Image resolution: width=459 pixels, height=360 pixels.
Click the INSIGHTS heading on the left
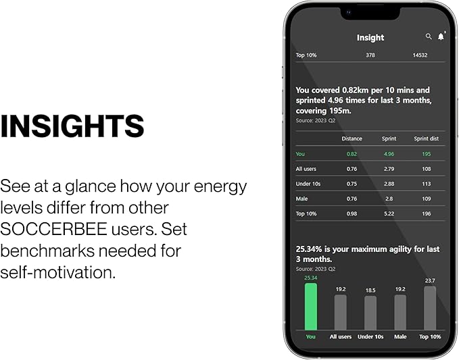pyautogui.click(x=72, y=126)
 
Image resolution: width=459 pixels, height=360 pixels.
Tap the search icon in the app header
pyautogui.click(x=429, y=36)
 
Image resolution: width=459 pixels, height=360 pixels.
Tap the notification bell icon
pyautogui.click(x=441, y=36)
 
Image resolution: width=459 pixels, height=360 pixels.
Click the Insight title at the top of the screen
pyautogui.click(x=370, y=38)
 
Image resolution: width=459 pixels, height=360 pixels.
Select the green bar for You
pyautogui.click(x=310, y=306)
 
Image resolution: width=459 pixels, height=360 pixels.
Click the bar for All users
pyautogui.click(x=340, y=312)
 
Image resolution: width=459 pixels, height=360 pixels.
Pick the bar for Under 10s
pyautogui.click(x=370, y=313)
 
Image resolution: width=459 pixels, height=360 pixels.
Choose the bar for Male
pyautogui.click(x=400, y=312)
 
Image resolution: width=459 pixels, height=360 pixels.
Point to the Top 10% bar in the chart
pyautogui.click(x=430, y=308)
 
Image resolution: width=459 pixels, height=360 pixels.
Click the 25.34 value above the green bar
pyautogui.click(x=310, y=278)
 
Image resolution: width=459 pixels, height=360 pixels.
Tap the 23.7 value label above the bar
pyautogui.click(x=430, y=280)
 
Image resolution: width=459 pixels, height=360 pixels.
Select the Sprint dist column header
pyautogui.click(x=426, y=138)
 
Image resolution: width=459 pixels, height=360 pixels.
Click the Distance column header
pyautogui.click(x=352, y=138)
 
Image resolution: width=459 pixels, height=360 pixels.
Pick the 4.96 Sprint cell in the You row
pyautogui.click(x=389, y=154)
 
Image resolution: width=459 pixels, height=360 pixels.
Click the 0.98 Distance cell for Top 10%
pyautogui.click(x=352, y=213)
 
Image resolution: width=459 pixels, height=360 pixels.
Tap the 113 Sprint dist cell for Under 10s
pyautogui.click(x=427, y=184)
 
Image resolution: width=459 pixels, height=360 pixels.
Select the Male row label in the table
pyautogui.click(x=302, y=199)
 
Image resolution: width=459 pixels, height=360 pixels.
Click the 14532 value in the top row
pyautogui.click(x=419, y=55)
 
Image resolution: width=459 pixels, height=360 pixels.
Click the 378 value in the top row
pyautogui.click(x=370, y=55)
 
